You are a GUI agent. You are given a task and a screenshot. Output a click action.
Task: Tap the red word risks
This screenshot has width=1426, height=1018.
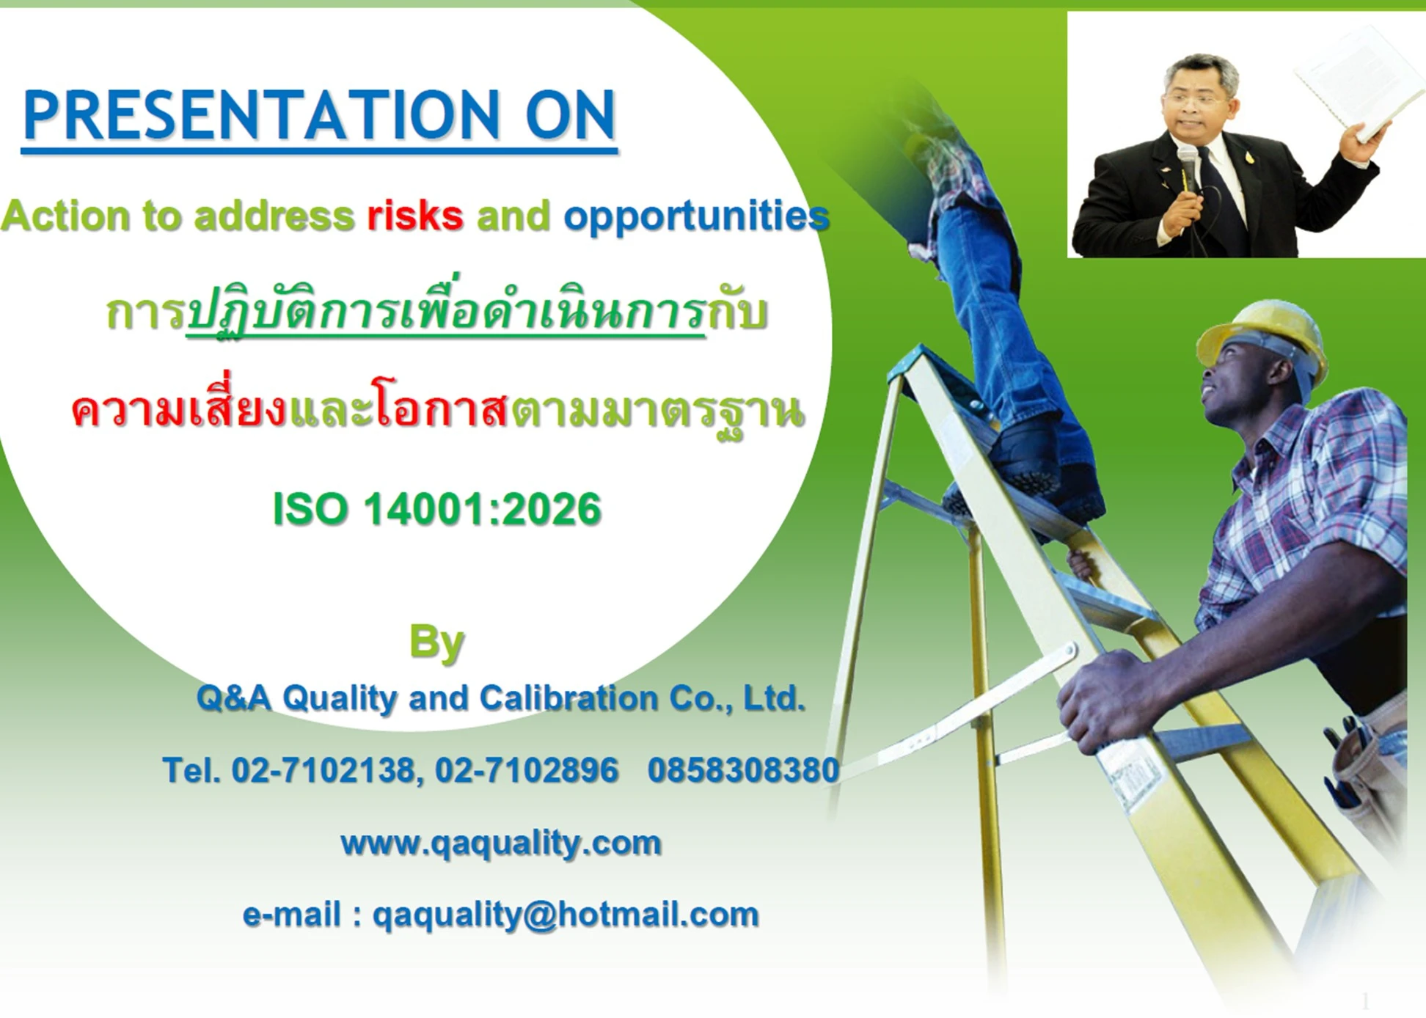coord(415,216)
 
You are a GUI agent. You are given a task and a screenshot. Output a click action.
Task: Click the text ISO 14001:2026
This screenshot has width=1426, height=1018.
coord(437,509)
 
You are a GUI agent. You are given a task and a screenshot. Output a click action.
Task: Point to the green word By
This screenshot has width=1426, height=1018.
coord(436,643)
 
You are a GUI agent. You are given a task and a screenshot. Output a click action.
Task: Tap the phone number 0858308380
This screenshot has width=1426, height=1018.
coord(743,770)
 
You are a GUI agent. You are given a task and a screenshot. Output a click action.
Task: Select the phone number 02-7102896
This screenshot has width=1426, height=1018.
coord(527,770)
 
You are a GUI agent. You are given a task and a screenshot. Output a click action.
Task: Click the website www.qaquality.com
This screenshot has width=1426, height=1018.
coord(501,843)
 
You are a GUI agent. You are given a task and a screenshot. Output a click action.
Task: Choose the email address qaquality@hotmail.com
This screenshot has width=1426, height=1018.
coord(566,915)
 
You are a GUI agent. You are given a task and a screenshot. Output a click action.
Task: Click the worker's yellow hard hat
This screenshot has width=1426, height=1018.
coord(1262,340)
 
